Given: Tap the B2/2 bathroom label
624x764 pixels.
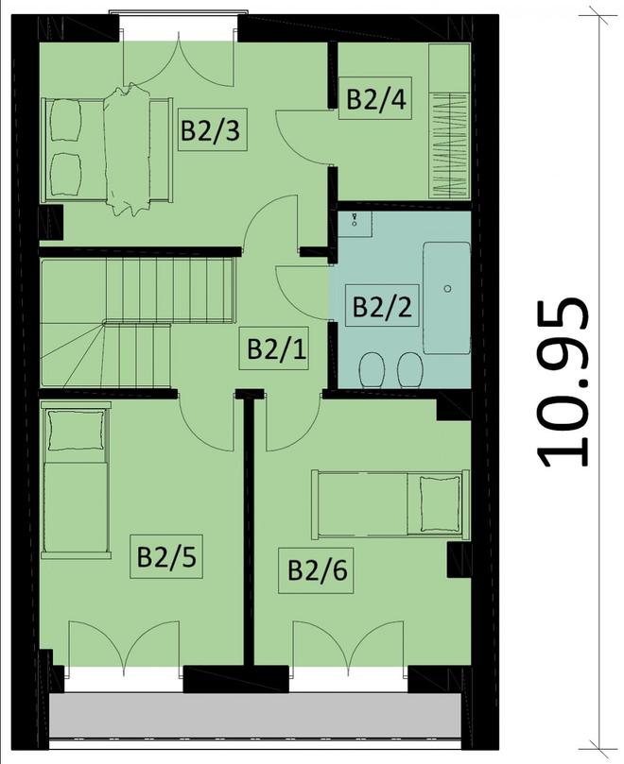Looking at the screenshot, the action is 382,306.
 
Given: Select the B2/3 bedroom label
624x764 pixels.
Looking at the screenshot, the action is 212,129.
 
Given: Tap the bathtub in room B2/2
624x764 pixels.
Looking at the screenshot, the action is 447,297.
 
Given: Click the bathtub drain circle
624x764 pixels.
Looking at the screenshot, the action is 447,288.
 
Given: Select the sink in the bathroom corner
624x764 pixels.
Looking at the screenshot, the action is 355,224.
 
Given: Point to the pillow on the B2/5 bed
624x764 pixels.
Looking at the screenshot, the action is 77,430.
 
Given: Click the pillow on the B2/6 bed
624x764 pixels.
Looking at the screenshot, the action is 440,503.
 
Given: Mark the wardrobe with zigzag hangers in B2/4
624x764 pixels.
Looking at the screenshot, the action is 449,121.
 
